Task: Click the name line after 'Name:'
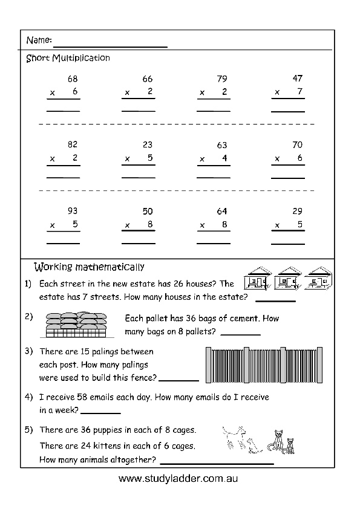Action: click(x=111, y=47)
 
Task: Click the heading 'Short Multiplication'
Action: click(x=68, y=58)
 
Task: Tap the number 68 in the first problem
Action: click(x=73, y=79)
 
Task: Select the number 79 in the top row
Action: click(x=222, y=79)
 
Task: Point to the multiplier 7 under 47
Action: click(x=299, y=91)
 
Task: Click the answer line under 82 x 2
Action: click(x=64, y=178)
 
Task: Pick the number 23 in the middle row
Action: click(x=148, y=144)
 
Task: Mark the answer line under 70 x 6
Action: click(x=288, y=178)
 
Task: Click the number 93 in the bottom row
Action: click(x=73, y=211)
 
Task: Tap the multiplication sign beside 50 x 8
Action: click(x=128, y=225)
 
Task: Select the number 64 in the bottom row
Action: click(x=222, y=212)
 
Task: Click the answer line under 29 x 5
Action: click(x=288, y=244)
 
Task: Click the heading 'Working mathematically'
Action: click(x=89, y=267)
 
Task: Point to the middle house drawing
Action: click(x=288, y=278)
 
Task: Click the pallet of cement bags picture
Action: click(x=76, y=325)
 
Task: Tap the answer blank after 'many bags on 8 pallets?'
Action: click(x=241, y=335)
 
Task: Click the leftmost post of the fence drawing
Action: click(x=209, y=365)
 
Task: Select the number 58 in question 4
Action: click(x=82, y=397)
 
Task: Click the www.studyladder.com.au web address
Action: click(x=178, y=479)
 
